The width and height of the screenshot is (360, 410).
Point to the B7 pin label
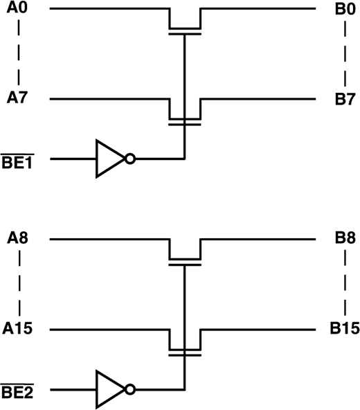click(344, 98)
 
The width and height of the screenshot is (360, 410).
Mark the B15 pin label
click(344, 329)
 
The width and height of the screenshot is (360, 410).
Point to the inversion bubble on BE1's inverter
click(129, 159)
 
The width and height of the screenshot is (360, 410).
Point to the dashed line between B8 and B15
click(344, 284)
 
